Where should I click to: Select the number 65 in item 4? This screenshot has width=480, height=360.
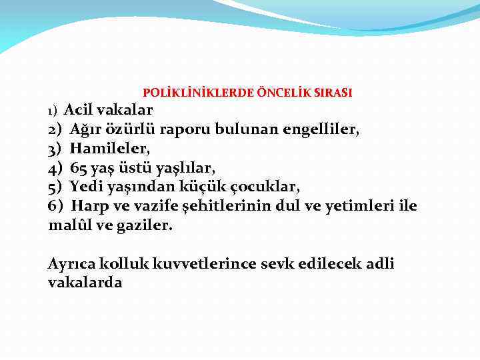(79, 167)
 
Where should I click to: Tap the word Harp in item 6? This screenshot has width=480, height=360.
(88, 205)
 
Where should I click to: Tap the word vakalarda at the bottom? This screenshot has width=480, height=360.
(85, 283)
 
